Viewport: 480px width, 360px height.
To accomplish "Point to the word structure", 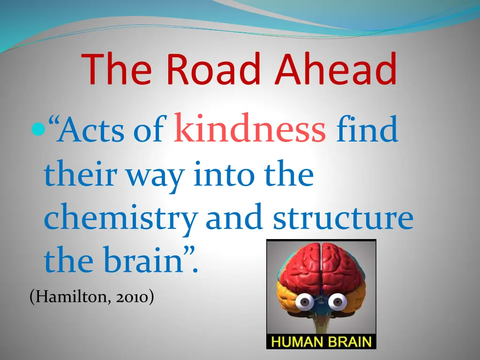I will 343,218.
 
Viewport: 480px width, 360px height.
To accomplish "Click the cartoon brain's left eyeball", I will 305,302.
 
